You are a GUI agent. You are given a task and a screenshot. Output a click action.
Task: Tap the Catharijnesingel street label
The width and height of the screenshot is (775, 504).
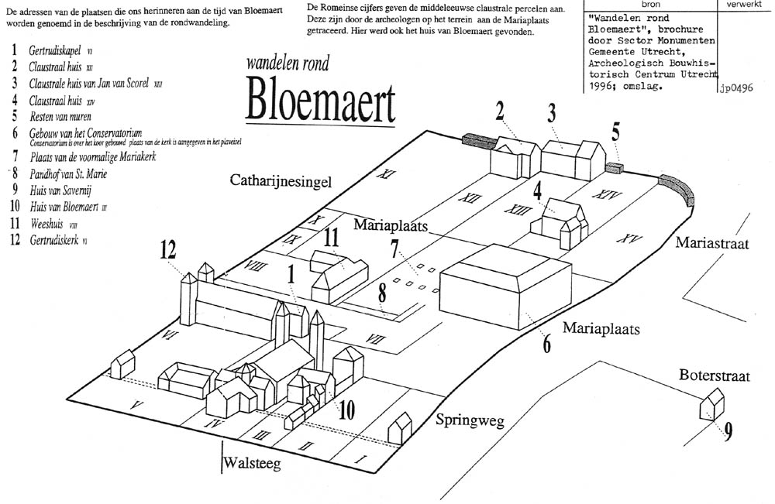point(281,182)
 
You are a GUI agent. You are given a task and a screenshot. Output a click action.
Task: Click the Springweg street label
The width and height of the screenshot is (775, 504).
point(470,421)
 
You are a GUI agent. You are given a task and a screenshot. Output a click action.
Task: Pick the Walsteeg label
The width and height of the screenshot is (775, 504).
point(251,464)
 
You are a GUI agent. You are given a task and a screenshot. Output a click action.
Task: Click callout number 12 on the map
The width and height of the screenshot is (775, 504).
point(168,250)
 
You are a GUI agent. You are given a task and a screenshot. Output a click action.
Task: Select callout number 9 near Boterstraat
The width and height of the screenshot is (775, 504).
point(728,432)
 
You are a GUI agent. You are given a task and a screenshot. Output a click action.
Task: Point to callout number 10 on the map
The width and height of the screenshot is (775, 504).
point(346,410)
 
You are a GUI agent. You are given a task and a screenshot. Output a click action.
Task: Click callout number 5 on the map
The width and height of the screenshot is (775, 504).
point(615,132)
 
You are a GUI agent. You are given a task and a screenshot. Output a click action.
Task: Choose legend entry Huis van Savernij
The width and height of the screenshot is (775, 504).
point(63,190)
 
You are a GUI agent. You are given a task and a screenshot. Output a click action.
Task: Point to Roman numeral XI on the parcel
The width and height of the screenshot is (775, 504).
point(381,175)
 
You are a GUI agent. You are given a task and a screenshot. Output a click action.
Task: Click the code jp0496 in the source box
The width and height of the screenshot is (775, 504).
point(736,87)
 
